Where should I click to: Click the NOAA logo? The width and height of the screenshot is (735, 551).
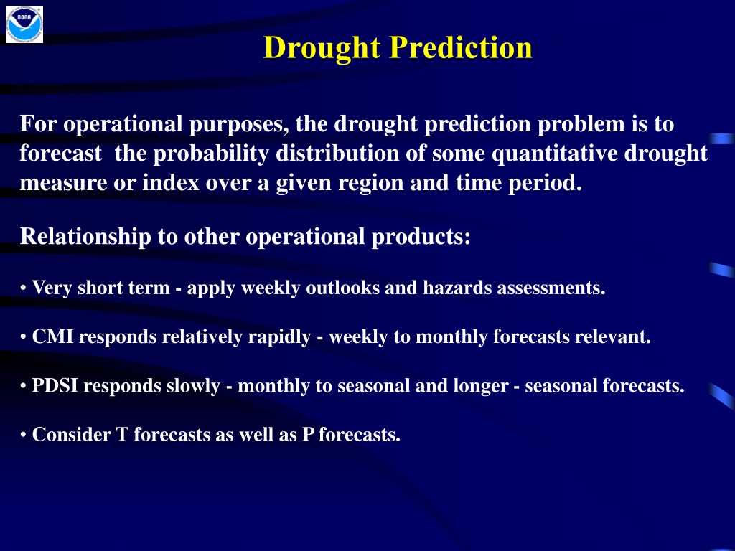tap(24, 24)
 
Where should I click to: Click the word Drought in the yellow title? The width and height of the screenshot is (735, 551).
tap(322, 48)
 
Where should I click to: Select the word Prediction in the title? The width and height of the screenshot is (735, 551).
tap(461, 47)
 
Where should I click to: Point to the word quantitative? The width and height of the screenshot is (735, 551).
tap(555, 154)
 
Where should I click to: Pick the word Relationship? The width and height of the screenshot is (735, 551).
tap(85, 237)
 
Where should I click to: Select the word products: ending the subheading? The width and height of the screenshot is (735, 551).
tap(421, 237)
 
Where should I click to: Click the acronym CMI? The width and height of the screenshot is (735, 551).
tap(52, 336)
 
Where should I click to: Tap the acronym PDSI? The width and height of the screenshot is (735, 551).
tap(55, 385)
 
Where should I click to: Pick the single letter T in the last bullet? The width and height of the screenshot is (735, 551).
tap(122, 435)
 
